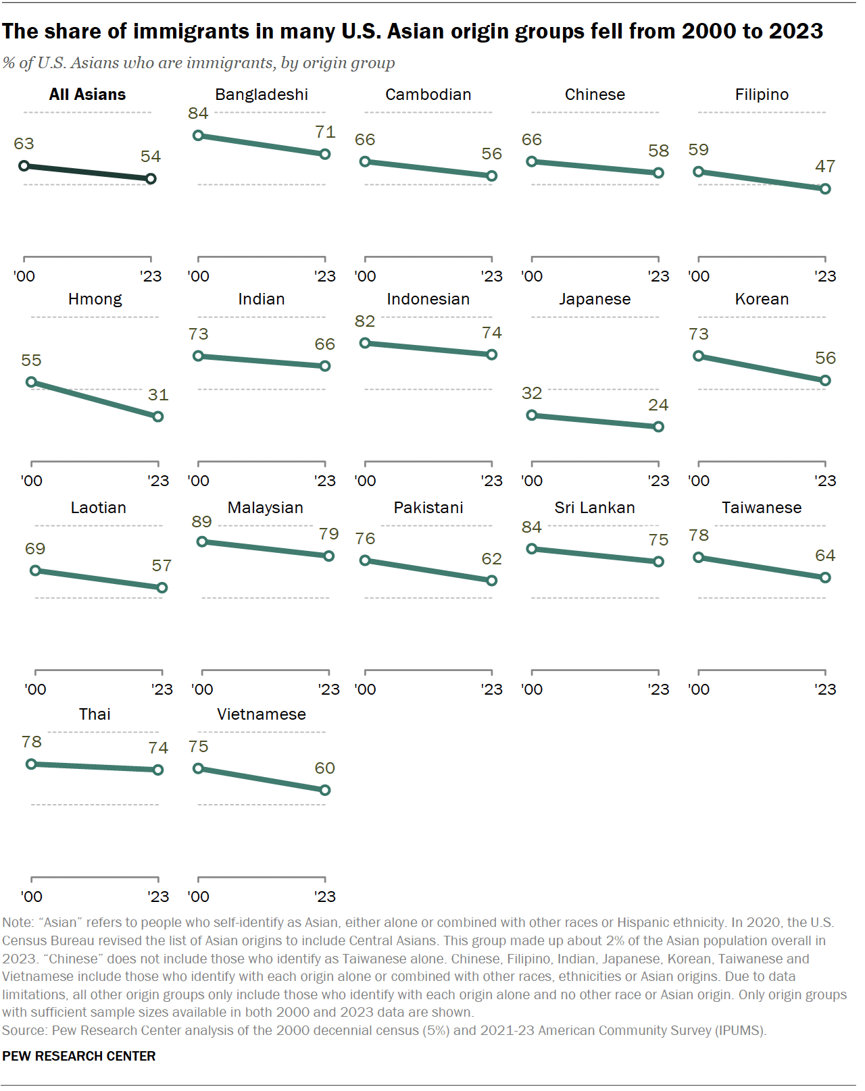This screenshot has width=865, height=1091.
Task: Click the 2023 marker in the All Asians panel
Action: [151, 179]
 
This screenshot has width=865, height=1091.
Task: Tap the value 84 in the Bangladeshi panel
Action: [198, 113]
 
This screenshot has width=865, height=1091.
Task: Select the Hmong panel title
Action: [95, 299]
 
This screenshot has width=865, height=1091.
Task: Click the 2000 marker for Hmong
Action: [31, 382]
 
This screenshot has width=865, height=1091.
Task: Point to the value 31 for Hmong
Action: [158, 395]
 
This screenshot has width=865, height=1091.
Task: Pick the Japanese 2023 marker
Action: [659, 427]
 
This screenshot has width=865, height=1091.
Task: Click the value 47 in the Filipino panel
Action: [825, 166]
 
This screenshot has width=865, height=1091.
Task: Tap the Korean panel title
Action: [762, 299]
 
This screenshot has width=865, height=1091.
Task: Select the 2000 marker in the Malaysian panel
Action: [202, 541]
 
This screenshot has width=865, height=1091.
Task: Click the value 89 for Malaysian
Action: [201, 522]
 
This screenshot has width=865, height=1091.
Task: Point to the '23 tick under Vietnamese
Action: [325, 897]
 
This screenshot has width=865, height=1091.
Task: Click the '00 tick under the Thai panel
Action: [32, 897]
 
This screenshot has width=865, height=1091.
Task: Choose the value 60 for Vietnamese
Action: [325, 768]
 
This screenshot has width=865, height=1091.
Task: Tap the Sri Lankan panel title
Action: [595, 508]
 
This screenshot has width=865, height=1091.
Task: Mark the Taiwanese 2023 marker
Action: [825, 578]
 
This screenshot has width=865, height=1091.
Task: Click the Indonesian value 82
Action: [365, 321]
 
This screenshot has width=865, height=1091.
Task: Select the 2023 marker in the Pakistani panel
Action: [492, 581]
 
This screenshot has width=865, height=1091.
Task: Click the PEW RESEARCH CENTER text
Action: [79, 1056]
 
